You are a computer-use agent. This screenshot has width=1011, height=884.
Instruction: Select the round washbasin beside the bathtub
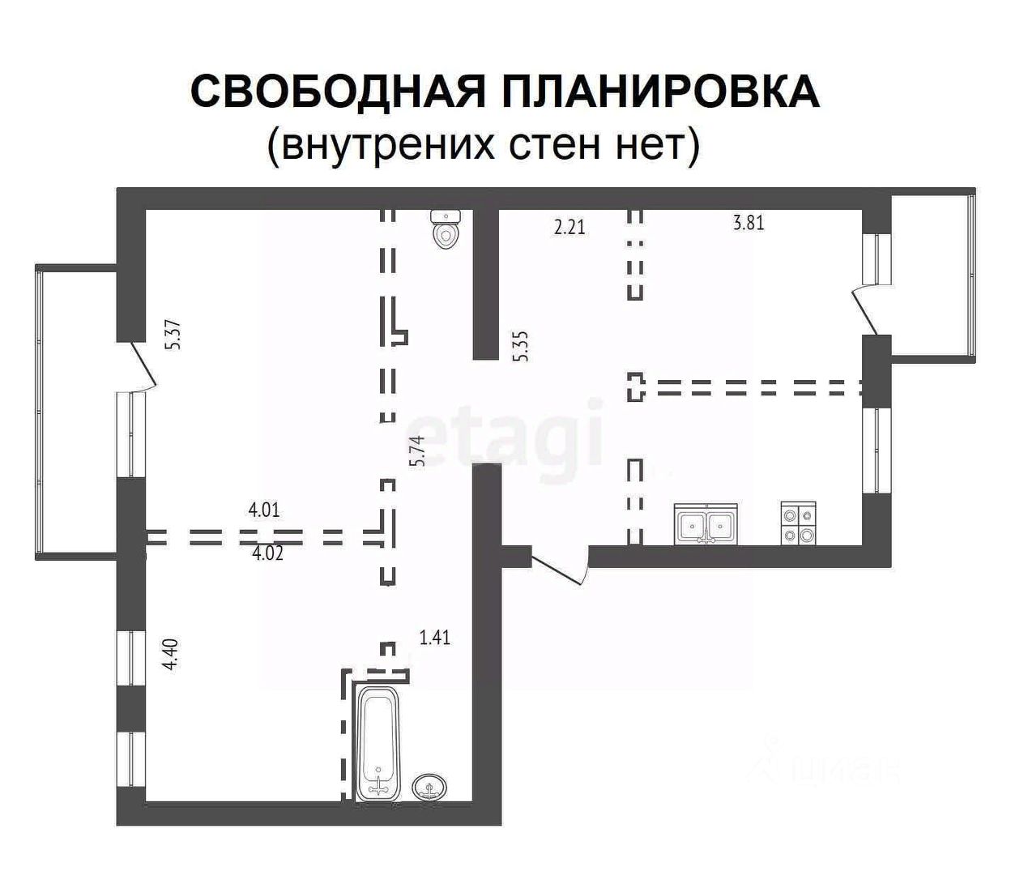pos(430,787)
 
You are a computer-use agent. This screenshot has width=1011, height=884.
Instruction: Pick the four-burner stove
pos(798,523)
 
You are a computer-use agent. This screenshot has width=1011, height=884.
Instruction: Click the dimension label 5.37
pos(172,335)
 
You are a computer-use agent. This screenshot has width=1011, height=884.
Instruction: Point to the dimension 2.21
pos(569,228)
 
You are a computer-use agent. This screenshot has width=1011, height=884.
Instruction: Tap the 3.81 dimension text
pos(749,223)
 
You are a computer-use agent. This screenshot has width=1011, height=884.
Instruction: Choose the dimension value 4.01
pos(264,510)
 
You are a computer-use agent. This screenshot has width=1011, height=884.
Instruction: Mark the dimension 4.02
pos(268,555)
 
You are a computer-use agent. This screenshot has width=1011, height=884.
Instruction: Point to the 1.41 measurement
pos(434,638)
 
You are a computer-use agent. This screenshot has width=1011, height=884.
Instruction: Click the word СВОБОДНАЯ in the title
pos(336,91)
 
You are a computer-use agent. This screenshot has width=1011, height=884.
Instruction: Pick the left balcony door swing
pos(142,370)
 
